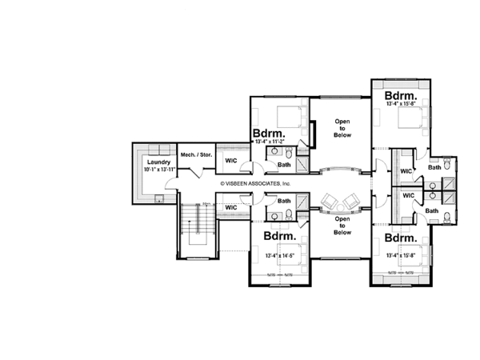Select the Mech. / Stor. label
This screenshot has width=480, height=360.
coord(196,154)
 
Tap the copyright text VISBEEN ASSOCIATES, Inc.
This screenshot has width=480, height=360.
coord(257,183)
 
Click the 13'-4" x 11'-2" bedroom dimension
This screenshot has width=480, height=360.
coord(270,142)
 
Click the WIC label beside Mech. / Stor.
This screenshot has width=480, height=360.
coord(230,160)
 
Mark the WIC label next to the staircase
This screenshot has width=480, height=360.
coord(230,208)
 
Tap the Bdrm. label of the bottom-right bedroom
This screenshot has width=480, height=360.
coord(399,238)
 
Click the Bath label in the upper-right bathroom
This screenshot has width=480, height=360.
coord(434,167)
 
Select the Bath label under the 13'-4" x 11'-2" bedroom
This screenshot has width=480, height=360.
coord(284,165)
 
